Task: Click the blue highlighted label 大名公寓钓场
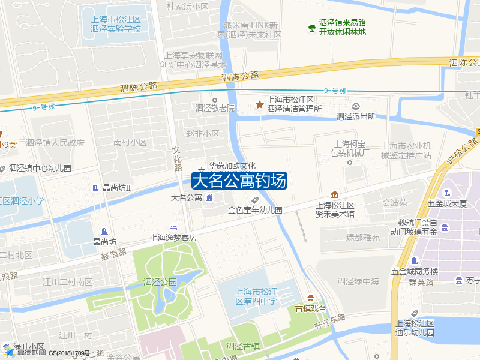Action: tap(239, 181)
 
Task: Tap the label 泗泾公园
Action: tap(160, 281)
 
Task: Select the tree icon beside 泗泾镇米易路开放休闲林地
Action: tap(311, 28)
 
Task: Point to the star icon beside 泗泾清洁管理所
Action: tap(260, 105)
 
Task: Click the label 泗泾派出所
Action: tap(356, 116)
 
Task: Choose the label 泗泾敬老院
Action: tap(215, 109)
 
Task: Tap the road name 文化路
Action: tap(177, 159)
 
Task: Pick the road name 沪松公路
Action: tap(463, 152)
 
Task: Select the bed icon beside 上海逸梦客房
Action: tap(173, 227)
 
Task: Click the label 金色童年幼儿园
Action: tap(255, 210)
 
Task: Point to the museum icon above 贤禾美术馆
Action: tap(335, 194)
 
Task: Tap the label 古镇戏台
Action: tap(310, 308)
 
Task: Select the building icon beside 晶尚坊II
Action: tap(96, 188)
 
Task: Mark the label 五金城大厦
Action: tap(447, 203)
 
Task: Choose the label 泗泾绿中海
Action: tap(358, 281)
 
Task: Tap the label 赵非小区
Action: tap(202, 134)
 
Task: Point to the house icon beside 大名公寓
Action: tap(209, 197)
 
